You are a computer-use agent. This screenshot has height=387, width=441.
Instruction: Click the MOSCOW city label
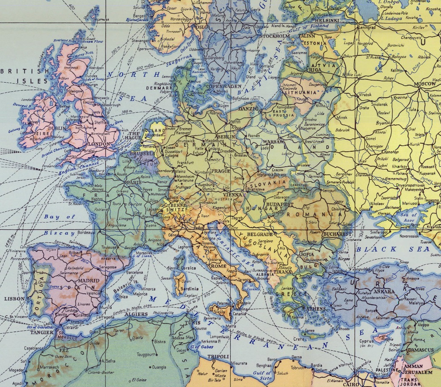pos(424,84)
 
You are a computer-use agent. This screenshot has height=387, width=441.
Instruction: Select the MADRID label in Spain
pos(88,281)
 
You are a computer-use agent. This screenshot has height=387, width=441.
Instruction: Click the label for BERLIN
pos(226,137)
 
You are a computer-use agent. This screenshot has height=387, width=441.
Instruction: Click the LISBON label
pos(15,299)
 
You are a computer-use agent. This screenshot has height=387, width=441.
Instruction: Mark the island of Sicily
pos(219,312)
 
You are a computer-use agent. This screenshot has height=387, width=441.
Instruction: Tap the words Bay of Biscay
pos(60,225)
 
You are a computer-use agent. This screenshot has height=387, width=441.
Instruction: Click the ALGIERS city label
pos(136,314)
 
